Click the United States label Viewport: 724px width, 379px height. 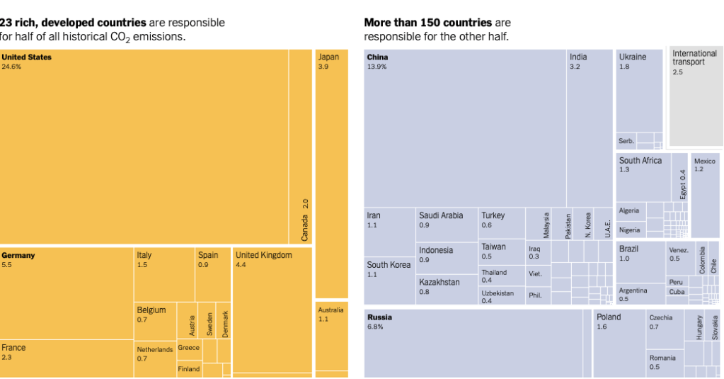click(x=26, y=57)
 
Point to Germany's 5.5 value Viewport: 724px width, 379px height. click(x=7, y=265)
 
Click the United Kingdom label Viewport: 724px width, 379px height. click(x=263, y=255)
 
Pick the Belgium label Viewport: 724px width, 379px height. click(x=151, y=310)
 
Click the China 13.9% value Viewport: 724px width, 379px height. click(x=377, y=67)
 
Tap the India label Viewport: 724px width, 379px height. click(x=578, y=57)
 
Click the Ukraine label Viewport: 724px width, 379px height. click(x=632, y=57)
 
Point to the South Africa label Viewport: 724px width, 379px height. click(x=640, y=161)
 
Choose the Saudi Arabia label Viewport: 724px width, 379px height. click(x=441, y=215)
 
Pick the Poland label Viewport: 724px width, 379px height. click(x=608, y=317)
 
